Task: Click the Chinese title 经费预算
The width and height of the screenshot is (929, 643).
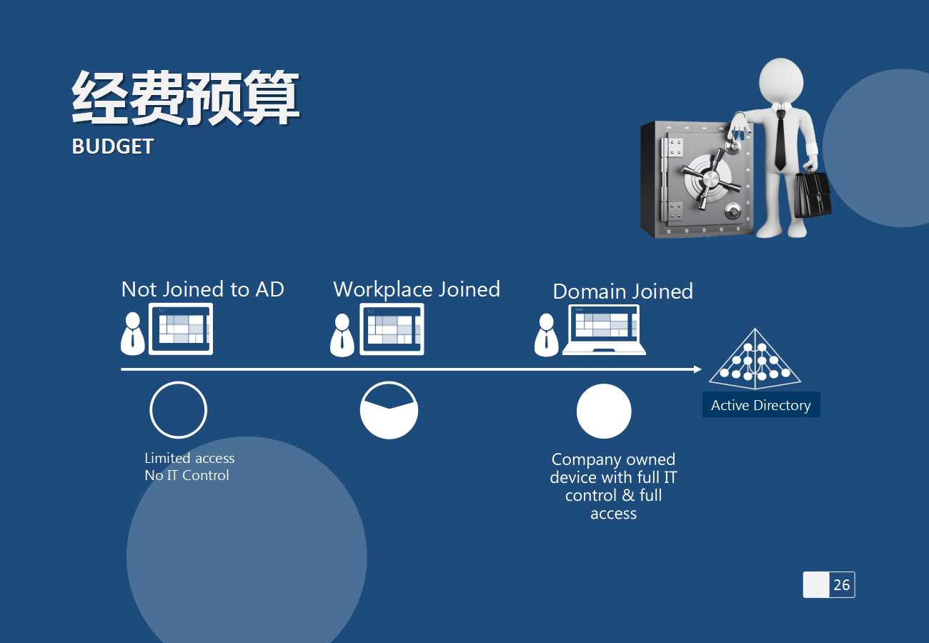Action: coord(185,99)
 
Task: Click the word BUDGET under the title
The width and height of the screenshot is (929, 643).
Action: coord(113,146)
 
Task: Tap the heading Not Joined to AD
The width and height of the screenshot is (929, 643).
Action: coord(202,289)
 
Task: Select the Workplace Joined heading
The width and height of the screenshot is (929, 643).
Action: coord(416,289)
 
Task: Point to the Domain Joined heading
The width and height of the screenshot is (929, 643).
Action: coord(622,291)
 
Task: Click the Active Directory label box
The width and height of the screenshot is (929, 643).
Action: coord(760,405)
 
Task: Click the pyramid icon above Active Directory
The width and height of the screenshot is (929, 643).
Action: coord(755,359)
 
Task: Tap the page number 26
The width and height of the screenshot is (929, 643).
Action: coord(841,584)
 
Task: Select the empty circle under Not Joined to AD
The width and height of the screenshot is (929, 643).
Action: coord(178,410)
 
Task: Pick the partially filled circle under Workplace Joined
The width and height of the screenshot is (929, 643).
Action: coord(389,410)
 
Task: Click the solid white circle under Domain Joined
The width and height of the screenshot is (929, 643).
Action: coord(604,411)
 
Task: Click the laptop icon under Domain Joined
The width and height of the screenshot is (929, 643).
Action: coord(604,329)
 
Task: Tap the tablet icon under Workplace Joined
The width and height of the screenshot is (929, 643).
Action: coord(392,329)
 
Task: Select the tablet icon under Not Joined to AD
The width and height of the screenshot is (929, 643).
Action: coord(180,329)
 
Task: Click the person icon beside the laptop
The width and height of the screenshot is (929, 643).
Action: coord(547,335)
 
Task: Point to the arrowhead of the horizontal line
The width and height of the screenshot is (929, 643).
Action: coord(698,369)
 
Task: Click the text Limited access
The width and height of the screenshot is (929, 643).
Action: coord(189,459)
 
